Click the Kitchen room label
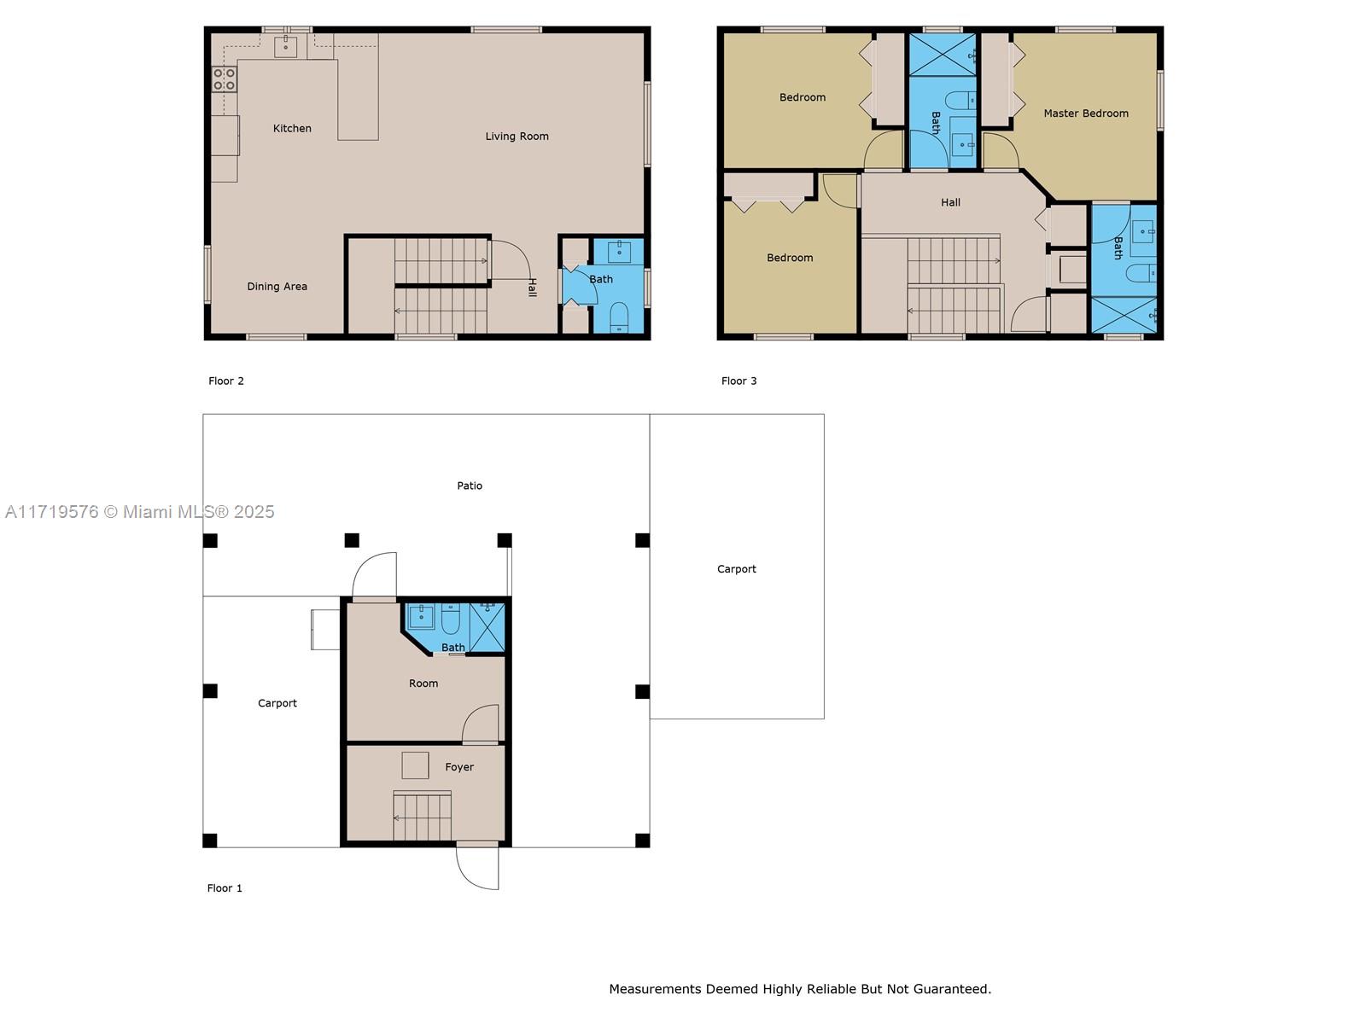pyautogui.click(x=292, y=128)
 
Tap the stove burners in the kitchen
pyautogui.click(x=225, y=79)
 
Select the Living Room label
pyautogui.click(x=517, y=136)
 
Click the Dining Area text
pyautogui.click(x=277, y=286)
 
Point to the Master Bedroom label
pyautogui.click(x=1085, y=113)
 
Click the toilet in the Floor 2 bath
pyautogui.click(x=620, y=317)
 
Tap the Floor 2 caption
pyautogui.click(x=226, y=381)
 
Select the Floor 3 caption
pyautogui.click(x=738, y=381)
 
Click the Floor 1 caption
pyautogui.click(x=225, y=887)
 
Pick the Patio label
pyautogui.click(x=470, y=486)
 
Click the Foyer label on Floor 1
pyautogui.click(x=459, y=767)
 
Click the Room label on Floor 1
pyautogui.click(x=423, y=683)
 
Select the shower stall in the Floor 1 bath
pyautogui.click(x=487, y=625)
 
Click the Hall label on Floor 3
pyautogui.click(x=950, y=202)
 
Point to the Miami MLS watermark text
pyautogui.click(x=140, y=511)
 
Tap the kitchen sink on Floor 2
pyautogui.click(x=285, y=46)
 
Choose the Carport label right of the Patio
pyautogui.click(x=736, y=568)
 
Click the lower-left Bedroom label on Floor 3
pyautogui.click(x=789, y=257)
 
